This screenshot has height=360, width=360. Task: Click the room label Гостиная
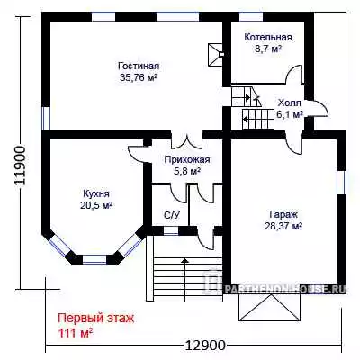(x=139, y=66)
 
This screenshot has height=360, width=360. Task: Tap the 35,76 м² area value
(x=139, y=77)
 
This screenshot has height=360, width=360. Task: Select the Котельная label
(x=268, y=37)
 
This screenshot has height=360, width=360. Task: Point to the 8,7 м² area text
(x=268, y=49)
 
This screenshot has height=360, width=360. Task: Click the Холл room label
(x=289, y=103)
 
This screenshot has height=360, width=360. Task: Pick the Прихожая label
(x=187, y=159)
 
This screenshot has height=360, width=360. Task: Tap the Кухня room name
(x=96, y=193)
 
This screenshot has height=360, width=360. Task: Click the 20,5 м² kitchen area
(x=96, y=205)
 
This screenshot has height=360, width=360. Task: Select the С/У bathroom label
(x=172, y=215)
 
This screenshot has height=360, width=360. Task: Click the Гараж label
(x=283, y=215)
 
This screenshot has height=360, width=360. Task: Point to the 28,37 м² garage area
(x=283, y=226)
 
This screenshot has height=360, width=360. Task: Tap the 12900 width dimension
(x=205, y=346)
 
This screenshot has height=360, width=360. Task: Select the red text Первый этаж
(x=95, y=319)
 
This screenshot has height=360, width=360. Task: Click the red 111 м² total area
(x=75, y=333)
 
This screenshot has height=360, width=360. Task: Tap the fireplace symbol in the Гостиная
(x=215, y=54)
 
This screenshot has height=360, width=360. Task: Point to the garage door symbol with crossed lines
(x=269, y=308)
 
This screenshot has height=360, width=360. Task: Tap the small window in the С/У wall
(x=171, y=231)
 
